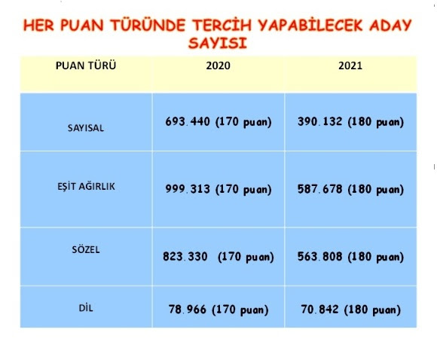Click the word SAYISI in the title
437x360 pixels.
(218, 43)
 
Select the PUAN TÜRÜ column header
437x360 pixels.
(86, 66)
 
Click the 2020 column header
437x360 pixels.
(218, 66)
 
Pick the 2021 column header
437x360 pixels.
(350, 66)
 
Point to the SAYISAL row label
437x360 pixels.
(86, 128)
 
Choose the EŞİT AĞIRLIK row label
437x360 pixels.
(86, 186)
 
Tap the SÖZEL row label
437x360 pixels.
(86, 249)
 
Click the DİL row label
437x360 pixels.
(86, 308)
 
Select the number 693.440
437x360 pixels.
(188, 121)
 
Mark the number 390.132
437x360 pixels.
(319, 121)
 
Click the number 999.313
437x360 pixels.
(188, 189)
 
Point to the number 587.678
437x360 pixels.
(319, 189)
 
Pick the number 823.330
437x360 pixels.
(185, 256)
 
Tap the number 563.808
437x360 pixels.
(319, 256)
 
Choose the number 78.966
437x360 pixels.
(188, 310)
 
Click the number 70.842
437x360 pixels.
(319, 310)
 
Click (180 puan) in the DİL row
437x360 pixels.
(372, 310)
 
